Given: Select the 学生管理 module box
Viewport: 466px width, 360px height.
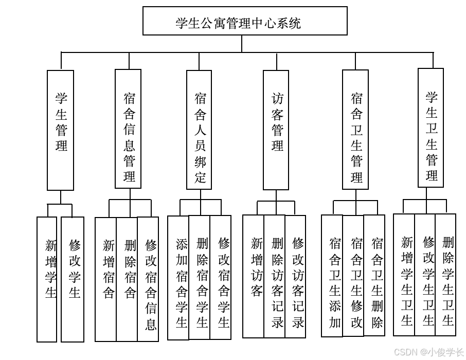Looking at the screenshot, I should [x=61, y=130].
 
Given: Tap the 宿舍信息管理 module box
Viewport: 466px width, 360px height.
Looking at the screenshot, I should [x=128, y=129].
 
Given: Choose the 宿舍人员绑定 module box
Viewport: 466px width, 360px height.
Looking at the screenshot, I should [x=199, y=130].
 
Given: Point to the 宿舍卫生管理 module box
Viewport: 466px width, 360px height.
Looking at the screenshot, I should [x=355, y=130].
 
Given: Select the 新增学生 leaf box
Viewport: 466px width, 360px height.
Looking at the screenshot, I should [x=47, y=279].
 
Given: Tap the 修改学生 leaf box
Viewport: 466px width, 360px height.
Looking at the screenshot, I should [x=73, y=279].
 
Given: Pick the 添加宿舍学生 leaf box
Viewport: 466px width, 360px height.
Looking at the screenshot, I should [x=178, y=278].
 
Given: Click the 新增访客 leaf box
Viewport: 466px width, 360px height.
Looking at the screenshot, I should [x=254, y=276].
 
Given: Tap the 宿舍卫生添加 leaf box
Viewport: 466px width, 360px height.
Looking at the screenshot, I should [x=332, y=276].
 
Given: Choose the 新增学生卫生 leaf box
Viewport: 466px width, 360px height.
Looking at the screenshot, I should [x=404, y=275].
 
